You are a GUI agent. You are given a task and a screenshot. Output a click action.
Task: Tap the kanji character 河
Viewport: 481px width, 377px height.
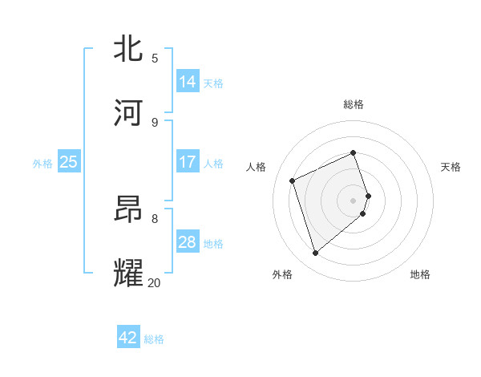pyautogui.click(x=131, y=113)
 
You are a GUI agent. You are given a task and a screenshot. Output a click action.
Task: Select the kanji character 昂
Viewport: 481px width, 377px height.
pyautogui.click(x=131, y=209)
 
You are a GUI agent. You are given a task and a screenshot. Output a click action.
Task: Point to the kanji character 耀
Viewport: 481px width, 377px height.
pyautogui.click(x=131, y=274)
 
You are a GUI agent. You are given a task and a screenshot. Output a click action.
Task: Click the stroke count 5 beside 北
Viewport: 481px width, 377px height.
pyautogui.click(x=155, y=59)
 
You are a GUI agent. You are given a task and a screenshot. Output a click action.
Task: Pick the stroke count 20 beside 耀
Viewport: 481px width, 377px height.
pyautogui.click(x=154, y=282)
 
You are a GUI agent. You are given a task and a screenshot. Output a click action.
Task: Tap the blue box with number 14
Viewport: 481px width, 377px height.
pyautogui.click(x=188, y=82)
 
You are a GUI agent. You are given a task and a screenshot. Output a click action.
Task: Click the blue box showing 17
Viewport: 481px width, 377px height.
pyautogui.click(x=188, y=162)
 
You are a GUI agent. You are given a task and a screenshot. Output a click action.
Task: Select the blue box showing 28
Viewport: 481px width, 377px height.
pyautogui.click(x=188, y=242)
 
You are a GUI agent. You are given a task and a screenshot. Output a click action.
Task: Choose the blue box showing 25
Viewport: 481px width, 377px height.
pyautogui.click(x=69, y=162)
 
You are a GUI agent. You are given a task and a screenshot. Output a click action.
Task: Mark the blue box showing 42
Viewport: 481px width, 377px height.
pyautogui.click(x=128, y=338)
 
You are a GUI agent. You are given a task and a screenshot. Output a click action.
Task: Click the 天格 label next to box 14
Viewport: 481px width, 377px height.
pyautogui.click(x=213, y=83)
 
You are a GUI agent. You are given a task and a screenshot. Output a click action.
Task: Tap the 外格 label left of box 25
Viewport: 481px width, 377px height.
pyautogui.click(x=42, y=164)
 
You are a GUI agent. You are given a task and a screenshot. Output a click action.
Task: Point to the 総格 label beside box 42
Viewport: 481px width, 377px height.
pyautogui.click(x=154, y=339)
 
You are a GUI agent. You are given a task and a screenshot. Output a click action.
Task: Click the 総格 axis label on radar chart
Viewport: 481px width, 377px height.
pyautogui.click(x=354, y=104)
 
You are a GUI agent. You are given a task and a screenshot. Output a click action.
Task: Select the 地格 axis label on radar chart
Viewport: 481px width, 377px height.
pyautogui.click(x=420, y=274)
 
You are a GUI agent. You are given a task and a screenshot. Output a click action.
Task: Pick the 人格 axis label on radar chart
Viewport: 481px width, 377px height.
pyautogui.click(x=256, y=167)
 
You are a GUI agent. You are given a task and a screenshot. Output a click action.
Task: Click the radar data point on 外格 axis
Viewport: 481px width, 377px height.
pyautogui.click(x=315, y=253)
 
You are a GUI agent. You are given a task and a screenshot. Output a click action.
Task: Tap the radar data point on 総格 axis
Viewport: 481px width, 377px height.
pyautogui.click(x=354, y=152)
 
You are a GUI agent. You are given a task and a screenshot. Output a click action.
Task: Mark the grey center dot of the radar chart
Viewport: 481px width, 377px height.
pyautogui.click(x=354, y=200)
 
